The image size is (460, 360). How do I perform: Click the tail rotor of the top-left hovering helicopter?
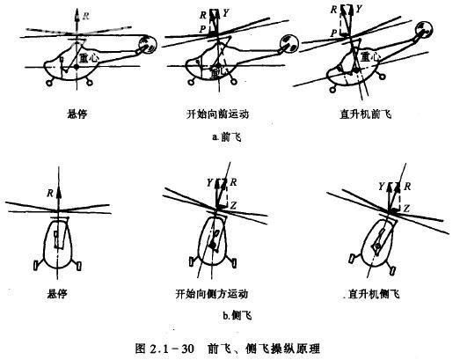point(147,43)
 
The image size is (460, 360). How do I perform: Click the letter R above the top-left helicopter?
point(86,16)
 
